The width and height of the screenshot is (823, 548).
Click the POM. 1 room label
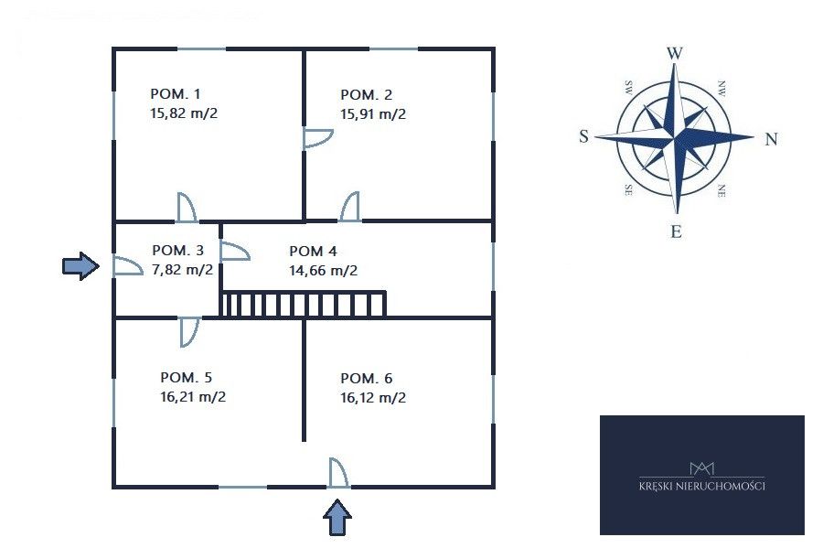[x=176, y=94]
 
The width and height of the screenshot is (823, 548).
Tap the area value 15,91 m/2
[x=373, y=114]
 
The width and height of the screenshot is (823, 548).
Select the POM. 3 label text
[x=177, y=251]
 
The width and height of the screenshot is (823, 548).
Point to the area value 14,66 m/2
[x=323, y=270]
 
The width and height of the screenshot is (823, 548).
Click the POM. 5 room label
[x=186, y=378]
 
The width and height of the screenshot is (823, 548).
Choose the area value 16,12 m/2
[x=373, y=397]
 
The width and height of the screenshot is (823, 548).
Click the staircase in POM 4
[x=304, y=304]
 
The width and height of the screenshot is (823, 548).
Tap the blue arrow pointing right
[x=80, y=266]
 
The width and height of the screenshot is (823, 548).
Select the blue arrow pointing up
[x=337, y=518]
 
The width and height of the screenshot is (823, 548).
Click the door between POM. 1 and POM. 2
[x=317, y=137]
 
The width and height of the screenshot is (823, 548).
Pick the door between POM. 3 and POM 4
[x=234, y=251]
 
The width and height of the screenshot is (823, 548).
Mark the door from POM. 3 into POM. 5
[x=190, y=332]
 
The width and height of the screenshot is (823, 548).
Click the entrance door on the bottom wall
[x=338, y=473]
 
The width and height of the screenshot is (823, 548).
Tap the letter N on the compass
[x=771, y=139]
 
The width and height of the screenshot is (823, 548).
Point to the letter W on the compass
[x=675, y=53]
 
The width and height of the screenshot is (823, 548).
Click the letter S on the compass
[x=583, y=136]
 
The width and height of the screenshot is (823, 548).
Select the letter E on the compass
[x=676, y=231]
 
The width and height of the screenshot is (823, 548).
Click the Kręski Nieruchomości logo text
[x=701, y=486]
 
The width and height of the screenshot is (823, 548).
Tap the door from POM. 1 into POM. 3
[x=187, y=208]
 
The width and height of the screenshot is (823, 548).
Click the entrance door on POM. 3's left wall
[x=128, y=266]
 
